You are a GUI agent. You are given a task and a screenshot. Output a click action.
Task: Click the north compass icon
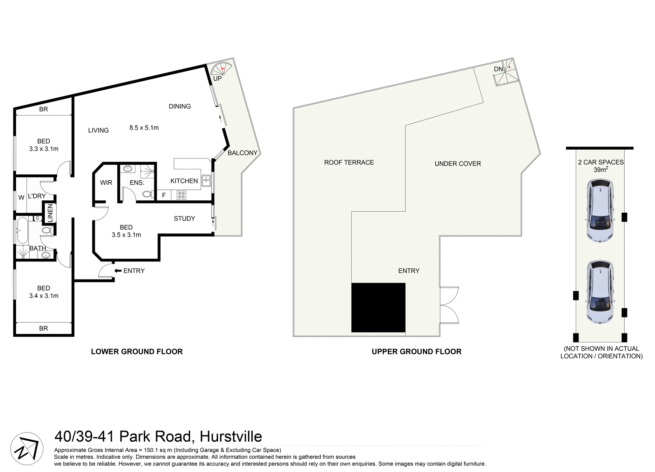27,448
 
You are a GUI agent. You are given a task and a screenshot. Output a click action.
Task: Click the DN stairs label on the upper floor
498,69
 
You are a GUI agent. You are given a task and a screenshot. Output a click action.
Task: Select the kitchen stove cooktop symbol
181,195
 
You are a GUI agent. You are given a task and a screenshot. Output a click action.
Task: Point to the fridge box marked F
164,195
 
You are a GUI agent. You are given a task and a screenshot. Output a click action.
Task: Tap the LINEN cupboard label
50,213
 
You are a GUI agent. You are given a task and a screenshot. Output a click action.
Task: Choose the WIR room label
106,183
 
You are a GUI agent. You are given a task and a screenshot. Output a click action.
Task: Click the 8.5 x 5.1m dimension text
144,128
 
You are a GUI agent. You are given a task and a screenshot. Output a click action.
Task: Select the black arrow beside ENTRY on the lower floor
118,271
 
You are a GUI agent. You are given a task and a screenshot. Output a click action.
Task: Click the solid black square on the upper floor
378,307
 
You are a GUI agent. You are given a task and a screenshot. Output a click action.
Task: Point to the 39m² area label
601,169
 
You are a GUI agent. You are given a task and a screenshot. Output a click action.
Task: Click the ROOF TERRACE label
349,163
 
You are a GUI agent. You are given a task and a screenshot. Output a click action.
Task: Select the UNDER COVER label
457,164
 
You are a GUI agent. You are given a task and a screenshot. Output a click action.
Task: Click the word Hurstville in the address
231,437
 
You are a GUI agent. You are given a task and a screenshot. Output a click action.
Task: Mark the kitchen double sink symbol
206,181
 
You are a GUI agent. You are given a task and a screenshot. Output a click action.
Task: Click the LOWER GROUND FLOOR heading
137,351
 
